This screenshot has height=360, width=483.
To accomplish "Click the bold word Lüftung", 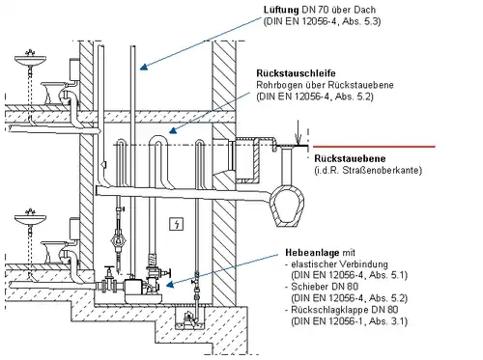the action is click(281, 10).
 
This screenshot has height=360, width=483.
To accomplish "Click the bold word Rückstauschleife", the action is click(296, 73).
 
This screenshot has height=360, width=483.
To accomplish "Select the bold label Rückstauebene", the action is click(350, 158).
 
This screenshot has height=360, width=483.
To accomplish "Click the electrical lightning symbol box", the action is click(177, 224).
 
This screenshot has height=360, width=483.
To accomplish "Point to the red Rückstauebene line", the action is click(374, 147).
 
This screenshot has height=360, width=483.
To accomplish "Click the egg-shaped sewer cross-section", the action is click(287, 205).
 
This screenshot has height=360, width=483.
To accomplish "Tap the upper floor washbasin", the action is click(30, 59).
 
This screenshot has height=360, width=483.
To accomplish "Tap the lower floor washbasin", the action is click(30, 219).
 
